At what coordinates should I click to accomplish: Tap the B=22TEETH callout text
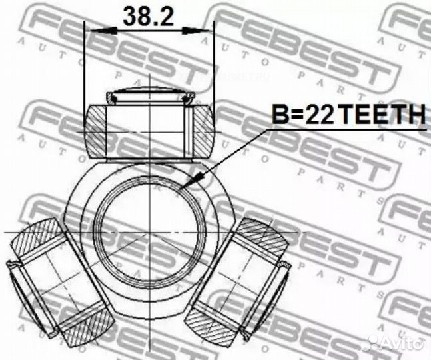click(x=348, y=116)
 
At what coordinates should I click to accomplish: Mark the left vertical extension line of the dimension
click(x=85, y=67)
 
